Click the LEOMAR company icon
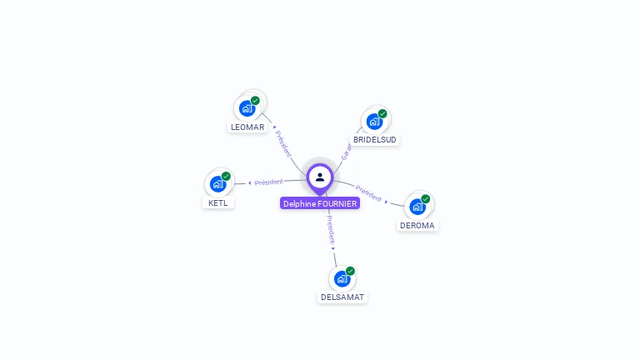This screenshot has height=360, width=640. pyautogui.click(x=247, y=108)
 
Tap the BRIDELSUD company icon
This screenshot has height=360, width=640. pyautogui.click(x=374, y=122)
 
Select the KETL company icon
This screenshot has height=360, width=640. pyautogui.click(x=217, y=184)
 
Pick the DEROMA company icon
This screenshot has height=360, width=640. pyautogui.click(x=417, y=207)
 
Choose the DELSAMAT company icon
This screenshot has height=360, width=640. pyautogui.click(x=342, y=278)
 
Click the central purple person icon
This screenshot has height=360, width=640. pyautogui.click(x=320, y=177)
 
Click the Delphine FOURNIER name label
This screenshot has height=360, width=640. pyautogui.click(x=320, y=203)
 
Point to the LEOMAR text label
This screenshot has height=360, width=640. pyautogui.click(x=247, y=127)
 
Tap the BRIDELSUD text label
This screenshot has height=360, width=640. pyautogui.click(x=375, y=140)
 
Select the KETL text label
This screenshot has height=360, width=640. pyautogui.click(x=218, y=202)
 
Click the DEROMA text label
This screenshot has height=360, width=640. pyautogui.click(x=417, y=225)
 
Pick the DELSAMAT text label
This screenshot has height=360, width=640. pyautogui.click(x=342, y=297)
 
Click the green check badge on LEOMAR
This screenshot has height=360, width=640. pyautogui.click(x=255, y=101)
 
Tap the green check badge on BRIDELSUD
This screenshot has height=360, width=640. pyautogui.click(x=382, y=113)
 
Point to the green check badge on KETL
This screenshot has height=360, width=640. pyautogui.click(x=226, y=176)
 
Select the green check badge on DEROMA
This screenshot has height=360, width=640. pyautogui.click(x=426, y=199)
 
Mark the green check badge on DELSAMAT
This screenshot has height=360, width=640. pyautogui.click(x=350, y=271)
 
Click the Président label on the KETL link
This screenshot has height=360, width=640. pyautogui.click(x=268, y=182)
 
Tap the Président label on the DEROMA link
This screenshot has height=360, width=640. pyautogui.click(x=368, y=193)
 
